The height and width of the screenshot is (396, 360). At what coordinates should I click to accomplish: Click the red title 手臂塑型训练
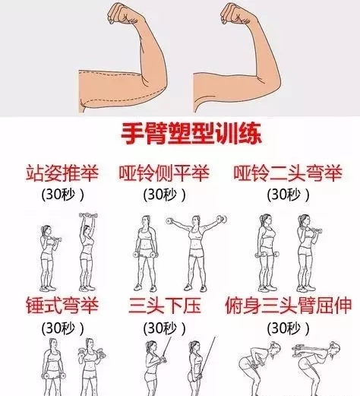pyautogui.click(x=191, y=134)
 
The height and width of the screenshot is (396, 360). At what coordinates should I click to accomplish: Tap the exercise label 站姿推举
pyautogui.click(x=62, y=173)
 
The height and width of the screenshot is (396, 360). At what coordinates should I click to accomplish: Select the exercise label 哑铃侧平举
pyautogui.click(x=164, y=173)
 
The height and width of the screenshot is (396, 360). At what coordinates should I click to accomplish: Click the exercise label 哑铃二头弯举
pyautogui.click(x=288, y=173)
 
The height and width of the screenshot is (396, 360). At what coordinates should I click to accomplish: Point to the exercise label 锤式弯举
pyautogui.click(x=62, y=306)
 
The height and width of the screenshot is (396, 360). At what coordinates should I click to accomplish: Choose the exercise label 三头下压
pyautogui.click(x=165, y=306)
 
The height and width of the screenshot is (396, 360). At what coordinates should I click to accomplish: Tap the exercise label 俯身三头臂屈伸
pyautogui.click(x=289, y=306)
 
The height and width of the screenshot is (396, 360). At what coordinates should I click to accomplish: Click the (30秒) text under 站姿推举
pyautogui.click(x=62, y=195)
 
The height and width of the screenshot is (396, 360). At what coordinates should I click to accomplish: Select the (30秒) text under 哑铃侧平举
pyautogui.click(x=165, y=195)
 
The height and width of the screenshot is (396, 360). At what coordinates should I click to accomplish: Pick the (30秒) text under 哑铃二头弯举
pyautogui.click(x=289, y=195)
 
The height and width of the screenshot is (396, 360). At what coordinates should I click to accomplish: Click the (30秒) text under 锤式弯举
pyautogui.click(x=62, y=328)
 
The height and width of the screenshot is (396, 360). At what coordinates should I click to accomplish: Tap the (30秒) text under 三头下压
pyautogui.click(x=165, y=328)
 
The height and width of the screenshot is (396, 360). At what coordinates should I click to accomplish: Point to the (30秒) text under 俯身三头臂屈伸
pyautogui.click(x=289, y=328)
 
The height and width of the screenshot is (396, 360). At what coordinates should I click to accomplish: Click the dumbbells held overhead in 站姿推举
pyautogui.click(x=88, y=216)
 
